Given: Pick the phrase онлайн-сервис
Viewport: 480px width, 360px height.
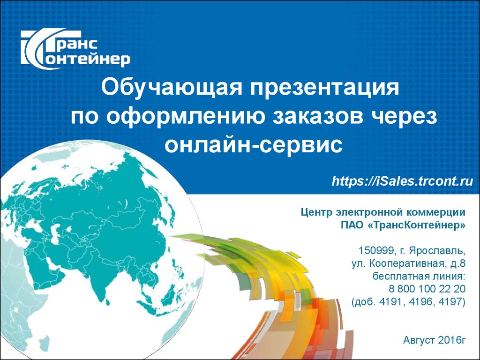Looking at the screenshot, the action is (x=253, y=145).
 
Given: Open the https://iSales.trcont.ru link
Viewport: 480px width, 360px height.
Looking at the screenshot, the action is (x=402, y=181).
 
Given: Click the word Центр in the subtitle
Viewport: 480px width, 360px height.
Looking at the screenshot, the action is (x=316, y=213).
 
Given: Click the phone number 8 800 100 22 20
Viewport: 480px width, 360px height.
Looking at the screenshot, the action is (x=427, y=289).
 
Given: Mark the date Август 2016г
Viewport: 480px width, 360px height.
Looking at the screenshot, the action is (x=434, y=340).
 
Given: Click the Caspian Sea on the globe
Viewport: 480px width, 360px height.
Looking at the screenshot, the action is (x=54, y=234).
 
